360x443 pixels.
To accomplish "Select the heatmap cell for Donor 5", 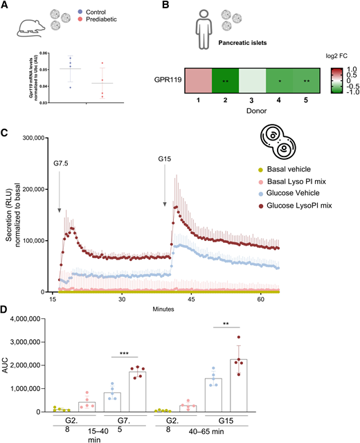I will pos(305,80).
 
